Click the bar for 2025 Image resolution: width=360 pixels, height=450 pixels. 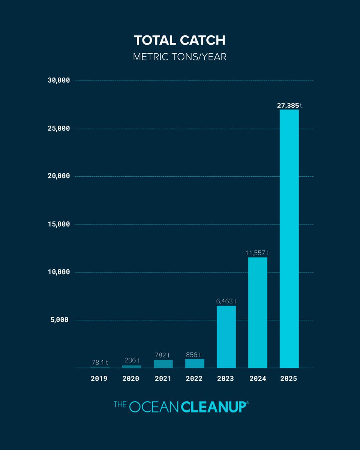[289, 238]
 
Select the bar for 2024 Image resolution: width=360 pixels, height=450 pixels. [258, 312]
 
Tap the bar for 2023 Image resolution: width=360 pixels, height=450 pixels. [226, 337]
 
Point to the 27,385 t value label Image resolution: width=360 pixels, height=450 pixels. [289, 106]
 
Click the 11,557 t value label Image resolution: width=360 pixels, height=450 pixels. [257, 253]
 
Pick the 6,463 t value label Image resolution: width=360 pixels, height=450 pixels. [226, 301]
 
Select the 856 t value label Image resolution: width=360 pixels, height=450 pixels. [195, 355]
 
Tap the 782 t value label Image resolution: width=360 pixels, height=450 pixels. [163, 355]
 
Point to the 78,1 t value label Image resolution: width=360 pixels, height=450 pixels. [100, 363]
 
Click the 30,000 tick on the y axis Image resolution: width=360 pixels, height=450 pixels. [59, 81]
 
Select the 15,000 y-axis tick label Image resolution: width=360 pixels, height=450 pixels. [59, 224]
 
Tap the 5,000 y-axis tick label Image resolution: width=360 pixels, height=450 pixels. [61, 320]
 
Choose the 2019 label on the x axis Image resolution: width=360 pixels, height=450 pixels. [99, 379]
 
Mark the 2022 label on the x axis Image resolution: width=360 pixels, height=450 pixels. [194, 379]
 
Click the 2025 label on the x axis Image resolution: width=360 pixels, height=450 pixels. [288, 379]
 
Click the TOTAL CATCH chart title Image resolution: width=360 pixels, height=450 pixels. [180, 41]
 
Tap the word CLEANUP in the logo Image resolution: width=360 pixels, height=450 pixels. [213, 407]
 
